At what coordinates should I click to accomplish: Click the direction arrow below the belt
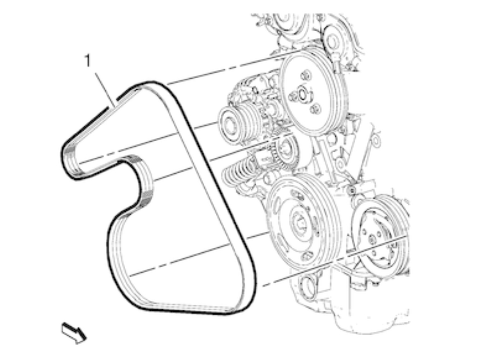pos(74,332)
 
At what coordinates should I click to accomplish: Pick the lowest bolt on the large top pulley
pos(315,109)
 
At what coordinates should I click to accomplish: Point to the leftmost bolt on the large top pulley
pos(292,97)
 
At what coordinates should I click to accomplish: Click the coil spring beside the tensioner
pos(239,175)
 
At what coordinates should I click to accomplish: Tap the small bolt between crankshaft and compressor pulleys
pos(352,190)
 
